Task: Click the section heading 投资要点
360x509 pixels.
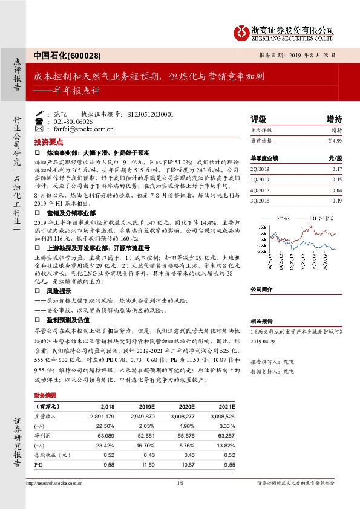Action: click(48, 141)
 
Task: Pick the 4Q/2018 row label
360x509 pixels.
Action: click(259, 190)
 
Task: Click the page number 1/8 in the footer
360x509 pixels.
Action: click(180, 482)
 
